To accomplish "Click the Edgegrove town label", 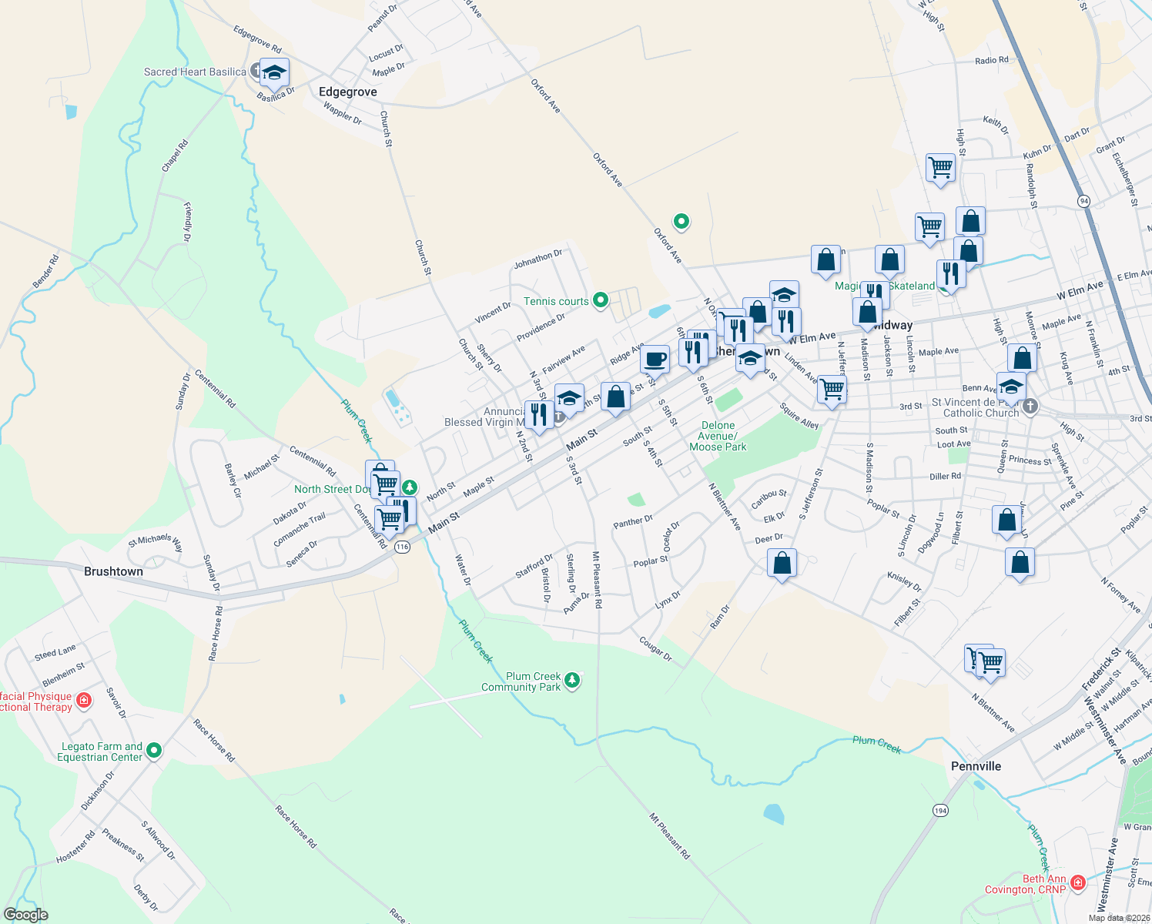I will tap(348, 92).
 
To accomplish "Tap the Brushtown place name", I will tap(113, 571).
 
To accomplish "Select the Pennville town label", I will tap(976, 766).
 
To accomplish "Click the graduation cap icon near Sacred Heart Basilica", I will tap(274, 73).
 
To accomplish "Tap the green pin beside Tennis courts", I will tap(601, 301).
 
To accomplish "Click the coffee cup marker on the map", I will tap(655, 359).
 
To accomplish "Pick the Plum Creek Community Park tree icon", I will tap(571, 680).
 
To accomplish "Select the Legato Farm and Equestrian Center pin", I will tap(154, 750).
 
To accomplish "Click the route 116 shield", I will tap(402, 547).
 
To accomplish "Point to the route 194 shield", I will tap(940, 811).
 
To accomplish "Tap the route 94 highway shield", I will tap(1084, 201).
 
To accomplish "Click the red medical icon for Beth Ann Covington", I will tap(1077, 882).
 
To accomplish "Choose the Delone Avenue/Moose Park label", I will tap(718, 436).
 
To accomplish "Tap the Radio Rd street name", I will tap(991, 60).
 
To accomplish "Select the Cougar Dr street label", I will tap(655, 648).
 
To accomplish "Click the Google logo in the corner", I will tap(25, 915).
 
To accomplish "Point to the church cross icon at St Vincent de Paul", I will tap(1030, 406).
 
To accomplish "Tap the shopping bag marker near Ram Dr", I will tap(782, 563).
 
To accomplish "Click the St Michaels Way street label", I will tap(156, 542).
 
